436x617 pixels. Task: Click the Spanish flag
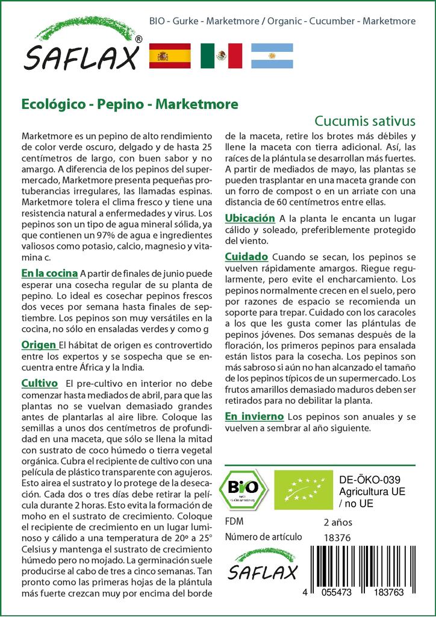[x=169, y=55]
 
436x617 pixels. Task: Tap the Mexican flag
[x=221, y=55]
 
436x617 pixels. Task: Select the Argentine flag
[x=272, y=55]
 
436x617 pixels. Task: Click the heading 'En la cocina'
[x=49, y=273]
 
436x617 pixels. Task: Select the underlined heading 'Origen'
[x=39, y=345]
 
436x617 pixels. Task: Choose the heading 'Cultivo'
[x=39, y=383]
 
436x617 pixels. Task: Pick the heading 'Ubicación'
[x=250, y=218]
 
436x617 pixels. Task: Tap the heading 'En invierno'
[x=254, y=416]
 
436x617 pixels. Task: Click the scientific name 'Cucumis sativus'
[x=365, y=119]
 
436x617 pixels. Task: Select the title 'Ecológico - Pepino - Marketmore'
[x=129, y=104]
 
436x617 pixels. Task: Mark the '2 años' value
[x=338, y=522]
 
